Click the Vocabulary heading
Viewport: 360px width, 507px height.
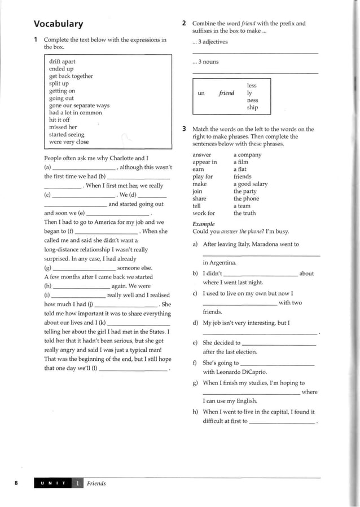(58, 24)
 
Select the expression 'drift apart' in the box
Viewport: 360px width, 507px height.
(62, 61)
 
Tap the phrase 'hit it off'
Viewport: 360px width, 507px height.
(59, 120)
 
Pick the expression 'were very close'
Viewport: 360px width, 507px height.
(69, 142)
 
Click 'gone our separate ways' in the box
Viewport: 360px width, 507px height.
(79, 105)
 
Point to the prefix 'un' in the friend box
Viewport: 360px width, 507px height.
(201, 93)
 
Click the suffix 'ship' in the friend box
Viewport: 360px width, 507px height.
(252, 107)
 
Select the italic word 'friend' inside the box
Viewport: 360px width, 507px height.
(226, 93)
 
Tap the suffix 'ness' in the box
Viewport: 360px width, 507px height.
(252, 100)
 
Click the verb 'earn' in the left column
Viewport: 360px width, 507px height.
(198, 169)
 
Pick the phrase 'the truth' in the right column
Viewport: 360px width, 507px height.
(244, 213)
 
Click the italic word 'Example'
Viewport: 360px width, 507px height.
(203, 224)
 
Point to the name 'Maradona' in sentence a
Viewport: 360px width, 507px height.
(263, 244)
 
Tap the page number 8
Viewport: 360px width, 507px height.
(16, 483)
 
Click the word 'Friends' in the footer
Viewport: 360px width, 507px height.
(96, 483)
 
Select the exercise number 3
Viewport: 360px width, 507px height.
(185, 129)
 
